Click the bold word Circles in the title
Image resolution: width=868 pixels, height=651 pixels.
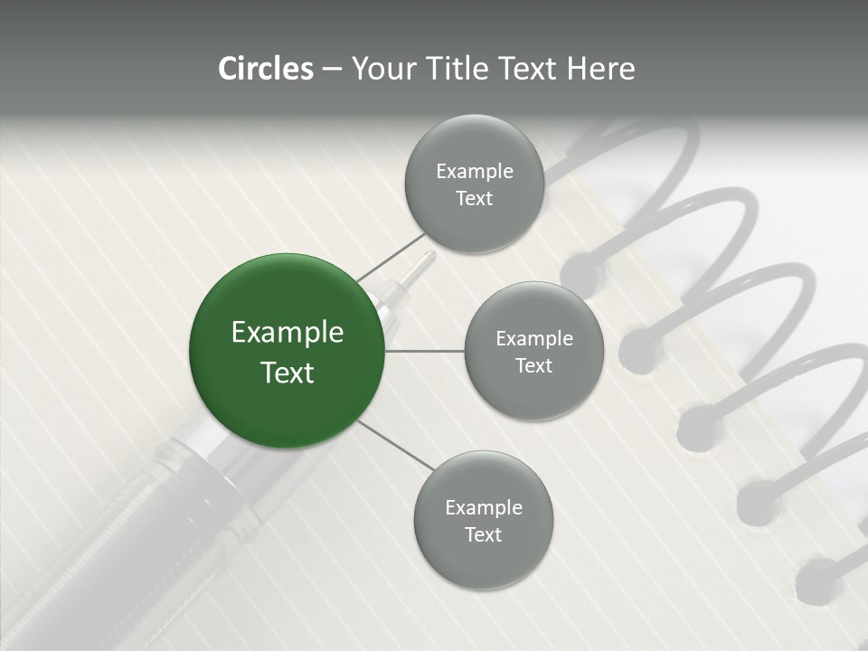click(266, 69)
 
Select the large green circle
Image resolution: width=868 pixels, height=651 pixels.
click(287, 351)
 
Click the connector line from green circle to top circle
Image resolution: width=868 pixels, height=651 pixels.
click(391, 257)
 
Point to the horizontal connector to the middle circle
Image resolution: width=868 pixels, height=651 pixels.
click(424, 351)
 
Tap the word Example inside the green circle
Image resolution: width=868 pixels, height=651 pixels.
click(287, 333)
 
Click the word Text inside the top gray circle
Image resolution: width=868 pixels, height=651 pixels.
click(474, 199)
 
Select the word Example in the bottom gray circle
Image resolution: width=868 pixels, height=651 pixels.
click(483, 507)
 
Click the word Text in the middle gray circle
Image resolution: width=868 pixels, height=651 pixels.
click(533, 366)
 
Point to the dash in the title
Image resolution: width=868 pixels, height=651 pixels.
click(331, 70)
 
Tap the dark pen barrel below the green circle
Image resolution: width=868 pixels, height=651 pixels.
click(136, 542)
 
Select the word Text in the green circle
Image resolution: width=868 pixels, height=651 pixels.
click(287, 373)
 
